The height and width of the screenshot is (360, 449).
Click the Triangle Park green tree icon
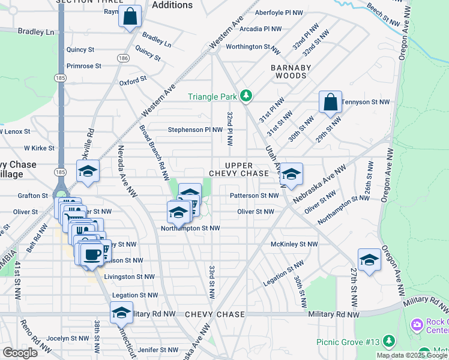tap(246, 96)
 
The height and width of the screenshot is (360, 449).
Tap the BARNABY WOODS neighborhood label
tap(291, 72)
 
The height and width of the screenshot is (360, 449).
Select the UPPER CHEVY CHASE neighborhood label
tap(239, 169)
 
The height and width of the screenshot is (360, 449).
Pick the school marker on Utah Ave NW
tap(292, 174)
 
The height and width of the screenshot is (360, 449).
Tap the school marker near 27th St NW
tap(369, 259)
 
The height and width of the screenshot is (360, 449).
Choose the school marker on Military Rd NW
tap(121, 312)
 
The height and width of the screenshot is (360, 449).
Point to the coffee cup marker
tap(92, 254)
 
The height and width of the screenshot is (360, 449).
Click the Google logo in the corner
tap(20, 352)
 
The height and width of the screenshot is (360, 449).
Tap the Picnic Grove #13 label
tap(348, 342)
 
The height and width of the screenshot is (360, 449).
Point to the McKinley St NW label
tap(294, 244)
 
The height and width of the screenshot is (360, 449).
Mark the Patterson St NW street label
tap(254, 196)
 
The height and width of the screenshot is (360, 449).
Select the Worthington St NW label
tap(253, 46)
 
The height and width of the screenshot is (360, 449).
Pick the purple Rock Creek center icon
tap(417, 325)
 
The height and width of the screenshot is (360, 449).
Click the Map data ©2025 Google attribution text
tap(412, 355)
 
